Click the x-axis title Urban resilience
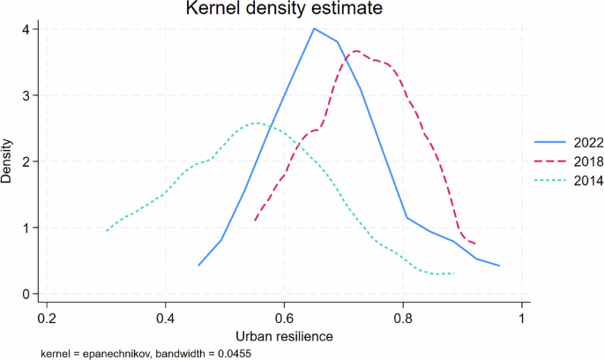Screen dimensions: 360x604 (284, 337)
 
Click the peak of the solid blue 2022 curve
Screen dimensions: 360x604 (314, 28)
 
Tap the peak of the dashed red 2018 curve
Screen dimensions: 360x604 (355, 51)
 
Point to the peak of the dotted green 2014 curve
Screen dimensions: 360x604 (256, 123)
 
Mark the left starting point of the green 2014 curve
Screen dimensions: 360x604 (107, 230)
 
